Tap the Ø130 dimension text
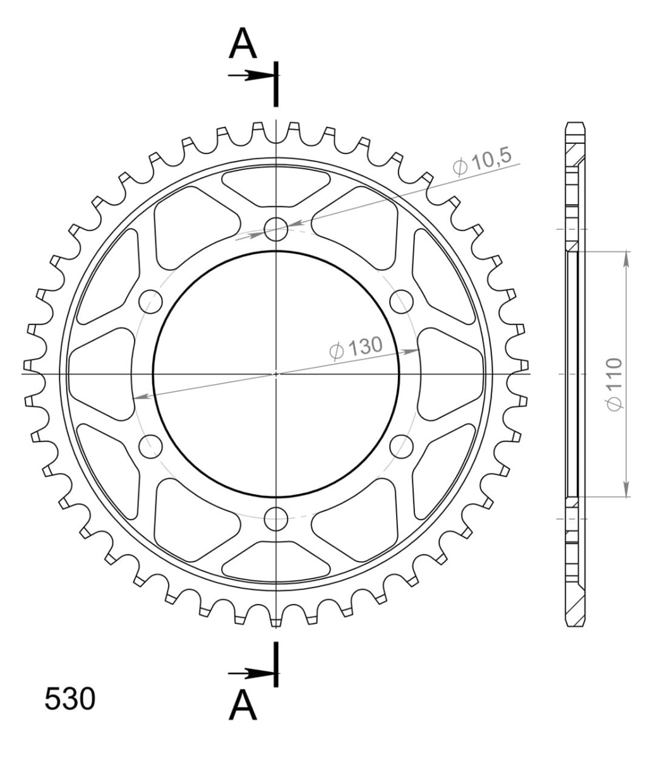[356, 348]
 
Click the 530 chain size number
[70, 698]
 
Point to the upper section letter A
[243, 43]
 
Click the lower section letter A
[243, 705]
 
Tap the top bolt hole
[276, 229]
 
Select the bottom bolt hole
[276, 519]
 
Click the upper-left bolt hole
[150, 301]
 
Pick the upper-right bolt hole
[402, 301]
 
